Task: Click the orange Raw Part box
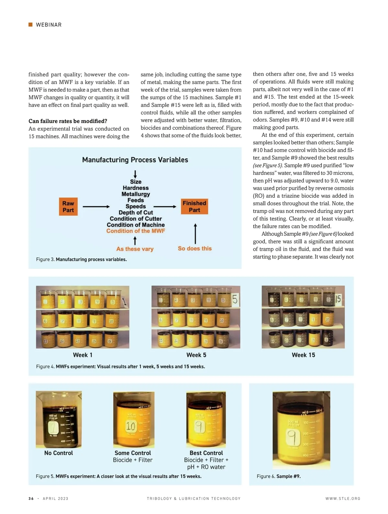68,207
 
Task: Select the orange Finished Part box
194,207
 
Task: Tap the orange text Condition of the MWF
135,231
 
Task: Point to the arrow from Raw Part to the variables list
96,207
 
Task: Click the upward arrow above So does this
195,233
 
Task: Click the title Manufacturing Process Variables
135,160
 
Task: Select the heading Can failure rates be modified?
68,121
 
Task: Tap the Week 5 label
196,355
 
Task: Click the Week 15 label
303,355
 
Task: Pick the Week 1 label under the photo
83,355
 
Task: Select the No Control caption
59,453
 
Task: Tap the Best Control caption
206,453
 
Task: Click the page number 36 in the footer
31,498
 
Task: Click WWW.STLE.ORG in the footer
343,498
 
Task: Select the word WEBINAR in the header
49,25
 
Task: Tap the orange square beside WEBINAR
31,25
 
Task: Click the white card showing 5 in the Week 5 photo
235,299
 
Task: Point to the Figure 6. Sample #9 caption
279,476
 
